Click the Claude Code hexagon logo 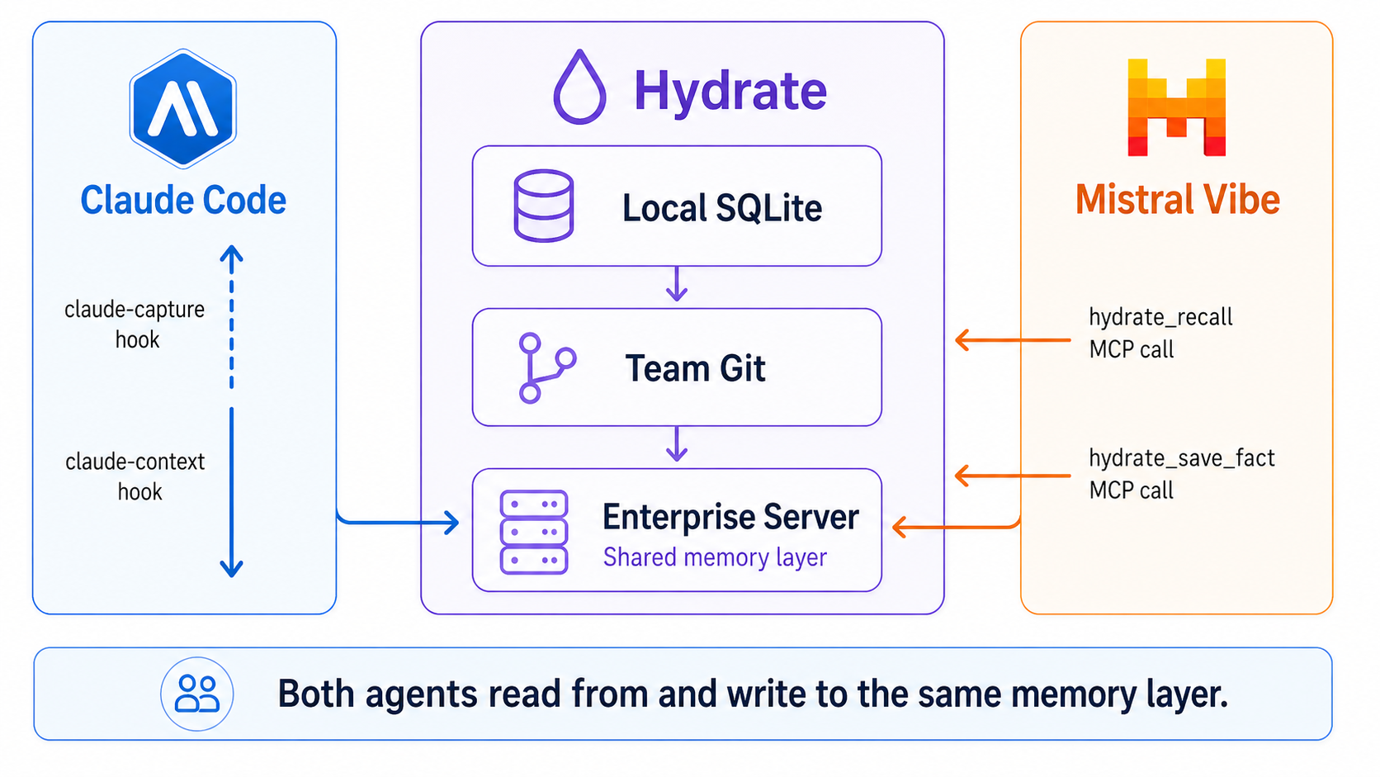[x=183, y=108]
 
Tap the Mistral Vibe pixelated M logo [x=1176, y=108]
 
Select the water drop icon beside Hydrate [x=579, y=88]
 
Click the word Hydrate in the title [x=730, y=90]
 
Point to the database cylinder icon [x=543, y=206]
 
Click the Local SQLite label [x=721, y=207]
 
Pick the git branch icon [x=545, y=368]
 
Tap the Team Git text [x=695, y=368]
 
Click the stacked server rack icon [x=534, y=532]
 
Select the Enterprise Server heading [x=730, y=517]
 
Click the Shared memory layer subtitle [x=715, y=557]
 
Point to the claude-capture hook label [x=135, y=325]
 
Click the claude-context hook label [x=136, y=476]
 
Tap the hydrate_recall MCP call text [x=1160, y=333]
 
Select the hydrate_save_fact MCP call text [x=1181, y=474]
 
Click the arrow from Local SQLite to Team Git [x=677, y=284]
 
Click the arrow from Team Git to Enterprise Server [x=677, y=444]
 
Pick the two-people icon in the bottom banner [x=197, y=694]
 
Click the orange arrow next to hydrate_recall [x=1012, y=339]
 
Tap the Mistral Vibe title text [x=1177, y=200]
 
